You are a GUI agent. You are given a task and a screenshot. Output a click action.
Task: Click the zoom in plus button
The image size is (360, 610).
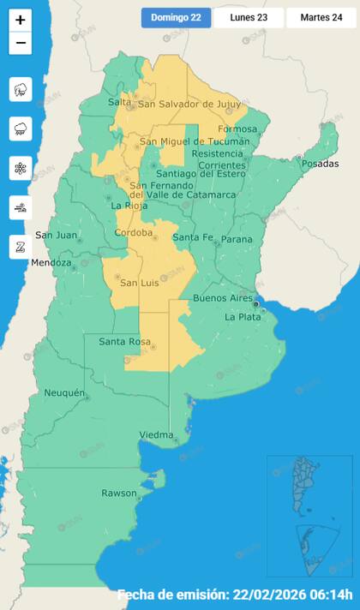[x=21, y=20]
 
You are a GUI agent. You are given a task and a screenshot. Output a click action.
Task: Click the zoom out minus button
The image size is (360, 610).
[x=21, y=43]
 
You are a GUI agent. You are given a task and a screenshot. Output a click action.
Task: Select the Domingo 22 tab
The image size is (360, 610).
[x=176, y=18]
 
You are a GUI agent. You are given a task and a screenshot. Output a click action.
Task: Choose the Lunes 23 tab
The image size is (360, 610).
[x=249, y=18]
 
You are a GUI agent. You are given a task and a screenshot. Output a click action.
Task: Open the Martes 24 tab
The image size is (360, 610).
[x=321, y=18]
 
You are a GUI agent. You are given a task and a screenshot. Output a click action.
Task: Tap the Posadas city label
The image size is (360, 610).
[x=320, y=164]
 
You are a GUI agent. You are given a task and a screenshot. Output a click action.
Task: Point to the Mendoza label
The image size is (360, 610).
[x=51, y=262]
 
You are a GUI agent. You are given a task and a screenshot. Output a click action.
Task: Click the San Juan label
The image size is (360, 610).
[x=55, y=236]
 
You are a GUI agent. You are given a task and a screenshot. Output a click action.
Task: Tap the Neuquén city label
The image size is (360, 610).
[x=64, y=393]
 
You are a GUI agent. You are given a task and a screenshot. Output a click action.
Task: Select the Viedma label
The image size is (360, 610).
[x=156, y=435]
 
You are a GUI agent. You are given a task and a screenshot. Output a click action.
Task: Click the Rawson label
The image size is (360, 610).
[x=119, y=493]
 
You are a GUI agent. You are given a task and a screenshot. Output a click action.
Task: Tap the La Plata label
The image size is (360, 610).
[x=243, y=317]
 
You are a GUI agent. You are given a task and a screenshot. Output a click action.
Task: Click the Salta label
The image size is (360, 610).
[x=119, y=103]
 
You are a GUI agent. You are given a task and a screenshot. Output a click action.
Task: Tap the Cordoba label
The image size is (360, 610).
[x=134, y=233]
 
